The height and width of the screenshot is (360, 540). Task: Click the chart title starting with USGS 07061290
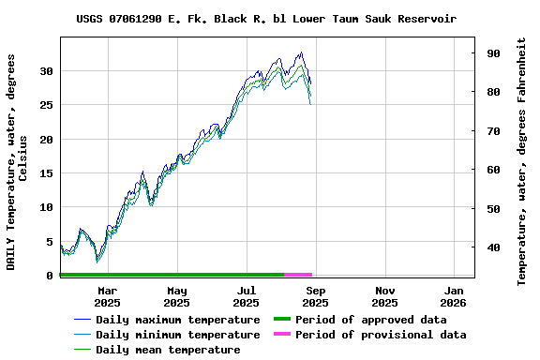pos(266,19)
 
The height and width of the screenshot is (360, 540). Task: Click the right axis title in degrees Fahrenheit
pos(522,161)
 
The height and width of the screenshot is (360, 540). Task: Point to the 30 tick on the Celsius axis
pos(47,71)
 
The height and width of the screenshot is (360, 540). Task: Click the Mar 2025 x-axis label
pos(107,296)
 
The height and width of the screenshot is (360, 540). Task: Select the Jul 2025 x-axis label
pos(246,296)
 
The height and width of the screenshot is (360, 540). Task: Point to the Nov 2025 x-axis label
pos(384,296)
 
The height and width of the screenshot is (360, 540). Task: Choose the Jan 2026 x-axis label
pos(454,296)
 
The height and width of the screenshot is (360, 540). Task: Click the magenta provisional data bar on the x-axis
pos(298,275)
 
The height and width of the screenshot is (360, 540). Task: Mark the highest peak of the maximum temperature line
pos(301,52)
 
